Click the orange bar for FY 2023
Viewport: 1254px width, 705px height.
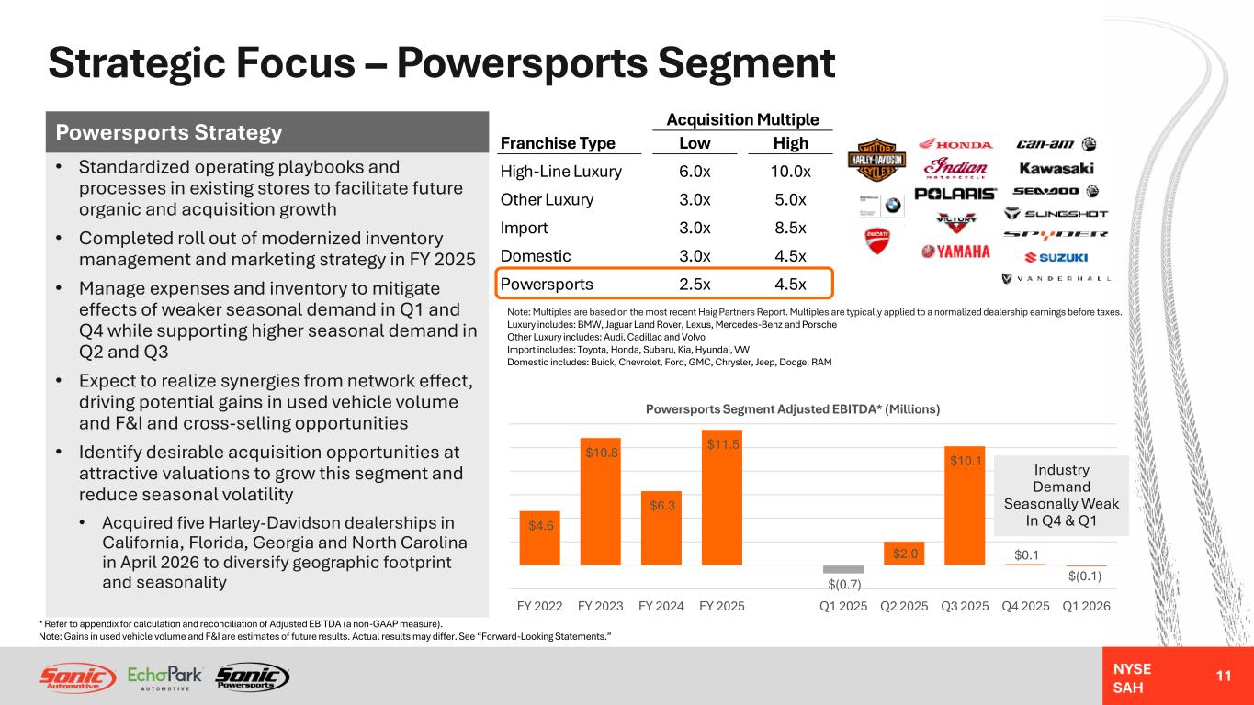pyautogui.click(x=600, y=501)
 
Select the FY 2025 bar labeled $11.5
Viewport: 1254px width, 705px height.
pyautogui.click(x=722, y=498)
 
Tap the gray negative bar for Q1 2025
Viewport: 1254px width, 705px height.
pyautogui.click(x=843, y=569)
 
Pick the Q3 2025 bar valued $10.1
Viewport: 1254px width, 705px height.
pyautogui.click(x=965, y=505)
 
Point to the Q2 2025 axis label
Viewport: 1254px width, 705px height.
pyautogui.click(x=904, y=606)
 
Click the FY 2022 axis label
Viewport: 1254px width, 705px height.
pyautogui.click(x=539, y=606)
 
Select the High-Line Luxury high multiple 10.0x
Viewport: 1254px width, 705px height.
pyautogui.click(x=790, y=172)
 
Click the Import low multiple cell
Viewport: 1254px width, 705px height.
pyautogui.click(x=695, y=228)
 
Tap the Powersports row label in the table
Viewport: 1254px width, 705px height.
pyautogui.click(x=547, y=285)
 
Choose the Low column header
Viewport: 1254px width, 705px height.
pyautogui.click(x=695, y=143)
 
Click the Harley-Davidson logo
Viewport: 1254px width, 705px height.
pyautogui.click(x=876, y=160)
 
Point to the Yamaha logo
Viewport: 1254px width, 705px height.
pyautogui.click(x=955, y=252)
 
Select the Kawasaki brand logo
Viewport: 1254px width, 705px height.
pyautogui.click(x=1056, y=168)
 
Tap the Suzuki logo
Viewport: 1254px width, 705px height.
pyautogui.click(x=1056, y=257)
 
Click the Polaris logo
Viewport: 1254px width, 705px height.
pyautogui.click(x=955, y=194)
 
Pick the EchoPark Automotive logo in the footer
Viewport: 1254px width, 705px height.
pyautogui.click(x=164, y=677)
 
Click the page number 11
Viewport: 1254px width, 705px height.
pyautogui.click(x=1224, y=676)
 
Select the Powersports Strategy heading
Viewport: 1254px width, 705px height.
pyautogui.click(x=168, y=132)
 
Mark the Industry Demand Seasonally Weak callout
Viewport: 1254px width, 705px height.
pyautogui.click(x=1061, y=495)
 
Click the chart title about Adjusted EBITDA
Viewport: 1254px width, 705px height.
pyautogui.click(x=793, y=409)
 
